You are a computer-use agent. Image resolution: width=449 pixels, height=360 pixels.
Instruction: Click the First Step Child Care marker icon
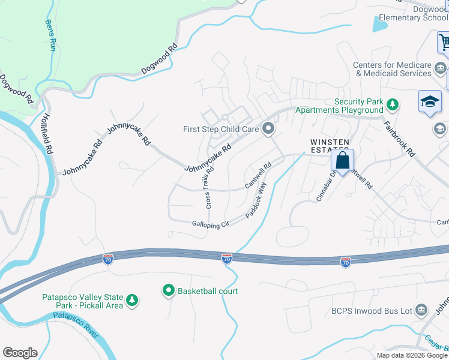(268, 128)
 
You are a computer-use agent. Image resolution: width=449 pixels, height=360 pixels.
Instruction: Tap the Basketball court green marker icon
(169, 291)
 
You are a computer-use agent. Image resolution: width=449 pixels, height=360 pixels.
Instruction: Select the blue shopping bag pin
(342, 161)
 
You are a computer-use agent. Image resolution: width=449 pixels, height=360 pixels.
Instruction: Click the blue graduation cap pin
(430, 102)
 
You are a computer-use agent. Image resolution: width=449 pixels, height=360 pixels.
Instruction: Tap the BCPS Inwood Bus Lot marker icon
(421, 310)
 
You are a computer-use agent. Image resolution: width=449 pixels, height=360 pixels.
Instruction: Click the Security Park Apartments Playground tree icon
(393, 106)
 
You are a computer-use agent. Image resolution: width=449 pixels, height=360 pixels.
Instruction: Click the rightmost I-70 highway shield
(345, 262)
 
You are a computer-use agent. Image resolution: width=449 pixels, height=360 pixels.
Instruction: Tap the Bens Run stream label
(50, 35)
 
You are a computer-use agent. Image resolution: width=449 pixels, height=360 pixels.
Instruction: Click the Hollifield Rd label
(47, 134)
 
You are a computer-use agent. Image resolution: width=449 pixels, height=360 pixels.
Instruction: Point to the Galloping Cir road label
(211, 224)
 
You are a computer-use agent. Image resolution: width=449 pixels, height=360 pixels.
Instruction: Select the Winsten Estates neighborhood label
(329, 146)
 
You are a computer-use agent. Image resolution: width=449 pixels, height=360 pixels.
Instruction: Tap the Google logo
(20, 353)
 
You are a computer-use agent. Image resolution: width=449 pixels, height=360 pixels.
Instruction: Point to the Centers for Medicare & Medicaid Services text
(392, 69)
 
